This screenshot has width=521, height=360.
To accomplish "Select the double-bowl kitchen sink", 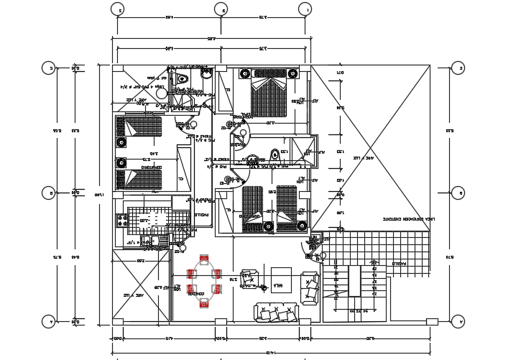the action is [x=149, y=242].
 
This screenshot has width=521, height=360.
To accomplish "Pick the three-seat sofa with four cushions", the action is [x=276, y=312].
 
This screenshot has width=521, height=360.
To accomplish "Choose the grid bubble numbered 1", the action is [x=306, y=9].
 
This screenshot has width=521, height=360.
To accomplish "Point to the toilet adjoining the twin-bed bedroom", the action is [x=180, y=78].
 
